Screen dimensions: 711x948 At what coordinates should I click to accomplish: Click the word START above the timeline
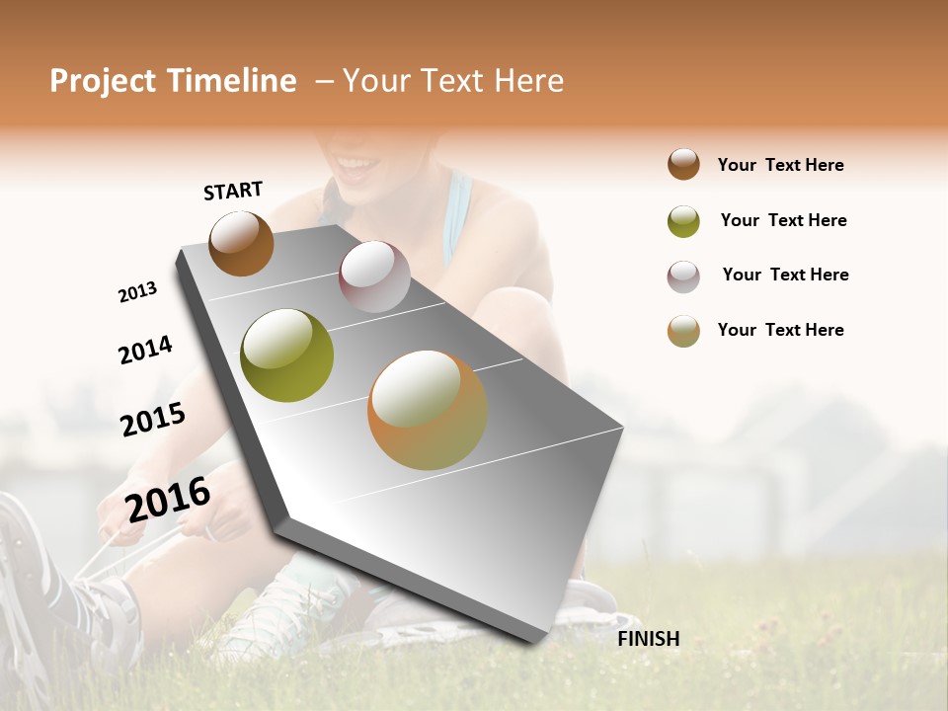click(233, 191)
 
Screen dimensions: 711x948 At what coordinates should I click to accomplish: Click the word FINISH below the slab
click(649, 639)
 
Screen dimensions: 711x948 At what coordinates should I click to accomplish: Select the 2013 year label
click(137, 292)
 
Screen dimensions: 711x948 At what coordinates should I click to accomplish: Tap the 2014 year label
click(145, 350)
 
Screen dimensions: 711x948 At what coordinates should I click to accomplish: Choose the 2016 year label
click(168, 499)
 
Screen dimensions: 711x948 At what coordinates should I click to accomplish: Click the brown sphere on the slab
click(241, 243)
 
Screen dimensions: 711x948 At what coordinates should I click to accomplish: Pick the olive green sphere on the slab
click(286, 355)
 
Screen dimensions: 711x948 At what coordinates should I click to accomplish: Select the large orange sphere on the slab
click(428, 410)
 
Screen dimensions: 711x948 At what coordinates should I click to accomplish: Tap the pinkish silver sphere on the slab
click(374, 276)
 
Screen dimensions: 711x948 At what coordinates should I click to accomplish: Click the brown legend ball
click(683, 165)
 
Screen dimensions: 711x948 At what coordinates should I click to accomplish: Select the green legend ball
click(683, 221)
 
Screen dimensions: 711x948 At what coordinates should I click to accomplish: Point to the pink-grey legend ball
click(683, 276)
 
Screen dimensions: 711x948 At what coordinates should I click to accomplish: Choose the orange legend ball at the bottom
click(683, 331)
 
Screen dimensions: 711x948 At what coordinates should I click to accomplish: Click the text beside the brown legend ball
click(780, 166)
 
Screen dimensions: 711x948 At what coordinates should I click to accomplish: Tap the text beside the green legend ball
click(783, 220)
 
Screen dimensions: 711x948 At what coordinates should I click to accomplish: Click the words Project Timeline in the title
click(173, 81)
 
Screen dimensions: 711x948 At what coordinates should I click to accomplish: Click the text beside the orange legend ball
click(780, 330)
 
